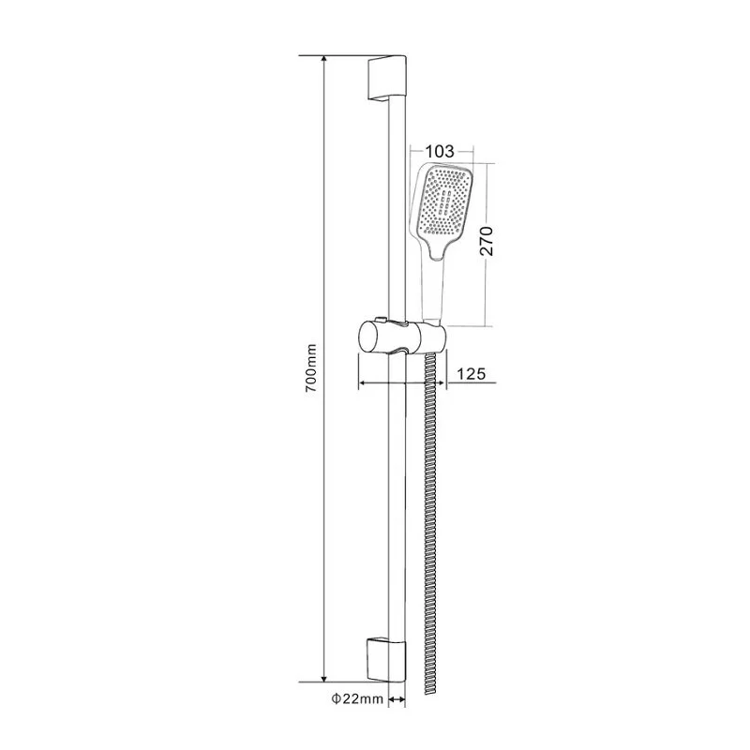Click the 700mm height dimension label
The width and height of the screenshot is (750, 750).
312,367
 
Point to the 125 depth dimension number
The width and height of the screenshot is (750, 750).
471,374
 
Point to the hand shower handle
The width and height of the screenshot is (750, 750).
431,291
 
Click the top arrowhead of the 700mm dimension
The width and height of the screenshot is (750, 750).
325,60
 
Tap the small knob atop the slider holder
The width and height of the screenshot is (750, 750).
378,318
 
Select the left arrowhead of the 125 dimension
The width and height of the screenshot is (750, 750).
363,382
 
